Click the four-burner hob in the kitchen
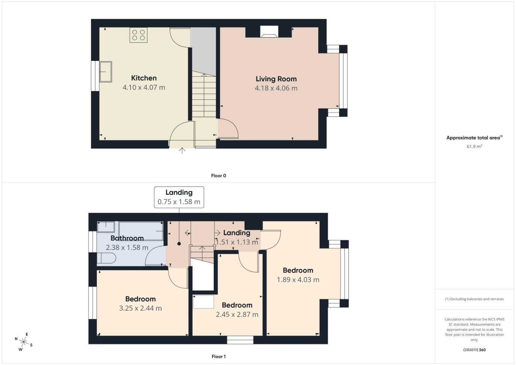139,35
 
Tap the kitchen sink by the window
105,72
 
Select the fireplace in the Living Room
269,32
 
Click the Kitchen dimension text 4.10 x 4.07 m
144,88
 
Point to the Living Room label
276,79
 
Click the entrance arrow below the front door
182,151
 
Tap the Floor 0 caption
218,176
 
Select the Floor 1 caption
218,357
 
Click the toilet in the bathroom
106,259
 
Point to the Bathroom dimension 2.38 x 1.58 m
127,248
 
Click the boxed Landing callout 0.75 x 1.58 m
179,197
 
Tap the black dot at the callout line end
179,244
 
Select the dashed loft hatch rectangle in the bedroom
203,302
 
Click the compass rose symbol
24,342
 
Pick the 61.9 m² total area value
474,147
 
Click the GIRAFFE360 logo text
474,350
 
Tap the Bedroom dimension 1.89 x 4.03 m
298,280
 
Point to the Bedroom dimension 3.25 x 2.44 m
140,309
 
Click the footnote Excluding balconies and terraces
474,299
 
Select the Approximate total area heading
474,138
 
